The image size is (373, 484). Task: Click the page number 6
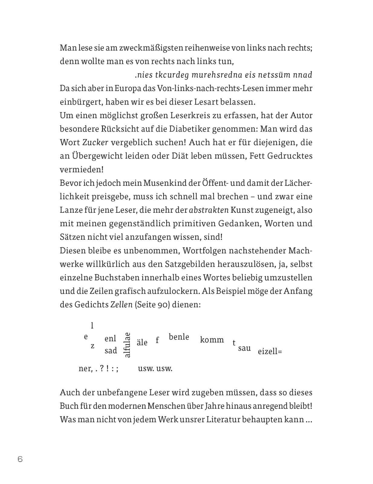pos(20,459)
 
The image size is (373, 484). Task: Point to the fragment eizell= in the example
pos(270,352)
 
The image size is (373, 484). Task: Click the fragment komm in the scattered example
pos(212,340)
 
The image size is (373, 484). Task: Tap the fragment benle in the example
pos(179,337)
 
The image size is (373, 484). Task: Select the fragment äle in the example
pos(142,343)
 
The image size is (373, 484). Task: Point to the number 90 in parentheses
pos(163,305)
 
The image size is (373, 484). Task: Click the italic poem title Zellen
pos(121,305)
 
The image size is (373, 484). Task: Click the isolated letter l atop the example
pos(92,325)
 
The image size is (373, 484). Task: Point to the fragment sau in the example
pos(244,348)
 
